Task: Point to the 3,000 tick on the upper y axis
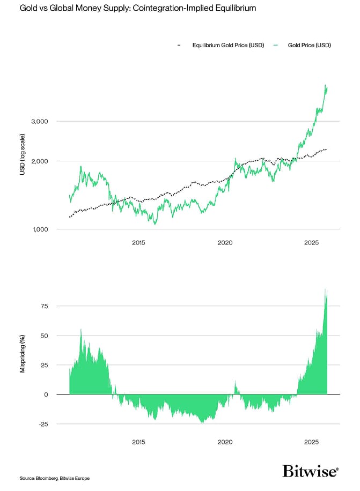click(x=41, y=121)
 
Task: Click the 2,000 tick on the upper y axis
click(x=41, y=161)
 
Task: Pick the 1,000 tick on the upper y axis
click(x=41, y=229)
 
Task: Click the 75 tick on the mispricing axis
click(x=43, y=306)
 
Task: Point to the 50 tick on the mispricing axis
click(x=43, y=336)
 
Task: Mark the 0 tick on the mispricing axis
click(x=46, y=395)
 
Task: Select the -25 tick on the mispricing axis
click(x=42, y=424)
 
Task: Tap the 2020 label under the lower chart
click(x=225, y=442)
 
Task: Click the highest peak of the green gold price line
click(x=326, y=85)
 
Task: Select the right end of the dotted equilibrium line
click(x=326, y=150)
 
